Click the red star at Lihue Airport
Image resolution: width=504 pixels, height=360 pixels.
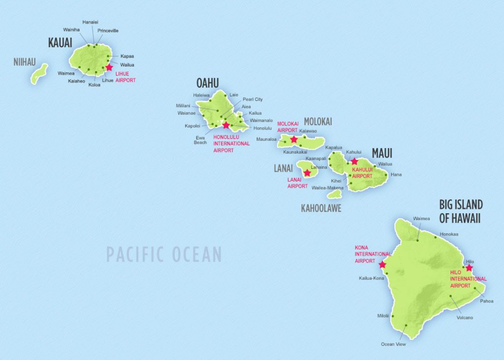click(x=109, y=67)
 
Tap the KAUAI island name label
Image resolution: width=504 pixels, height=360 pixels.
click(x=61, y=43)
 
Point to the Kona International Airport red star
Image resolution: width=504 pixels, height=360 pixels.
click(x=382, y=265)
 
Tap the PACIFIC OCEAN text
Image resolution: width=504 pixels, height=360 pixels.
click(x=164, y=255)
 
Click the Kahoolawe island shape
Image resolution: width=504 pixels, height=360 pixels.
click(x=334, y=195)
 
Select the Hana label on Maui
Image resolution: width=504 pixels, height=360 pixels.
click(x=396, y=175)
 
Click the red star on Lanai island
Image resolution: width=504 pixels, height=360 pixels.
click(x=307, y=173)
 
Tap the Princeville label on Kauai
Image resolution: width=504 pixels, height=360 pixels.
click(x=108, y=31)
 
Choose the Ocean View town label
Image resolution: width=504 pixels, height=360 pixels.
click(x=393, y=344)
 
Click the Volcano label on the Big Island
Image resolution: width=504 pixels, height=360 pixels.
click(x=464, y=318)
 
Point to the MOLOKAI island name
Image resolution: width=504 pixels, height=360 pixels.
click(x=318, y=122)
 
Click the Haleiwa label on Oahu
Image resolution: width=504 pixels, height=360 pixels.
click(x=201, y=95)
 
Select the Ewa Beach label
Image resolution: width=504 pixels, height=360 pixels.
click(x=200, y=139)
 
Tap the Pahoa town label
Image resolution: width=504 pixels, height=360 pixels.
click(x=486, y=301)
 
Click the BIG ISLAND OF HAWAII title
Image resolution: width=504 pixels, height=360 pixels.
click(x=460, y=212)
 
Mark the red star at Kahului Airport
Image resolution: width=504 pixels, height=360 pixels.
click(x=354, y=161)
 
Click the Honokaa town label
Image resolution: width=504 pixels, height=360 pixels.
click(x=449, y=234)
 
